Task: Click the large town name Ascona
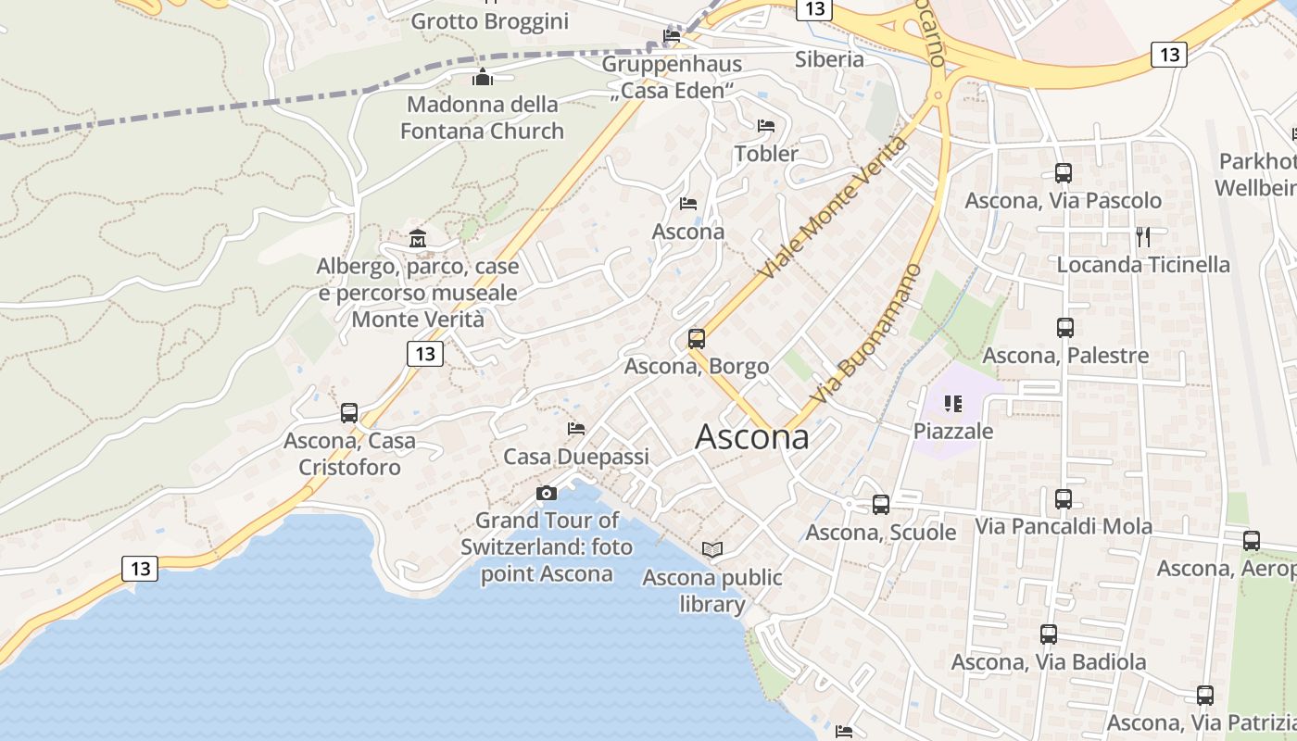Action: pos(751,436)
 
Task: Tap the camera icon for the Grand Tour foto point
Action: pos(547,493)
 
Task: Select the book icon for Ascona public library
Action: pos(711,549)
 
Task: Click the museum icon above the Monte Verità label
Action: pos(417,239)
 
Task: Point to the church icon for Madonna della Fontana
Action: pos(482,76)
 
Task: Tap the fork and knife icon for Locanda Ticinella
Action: pos(1143,237)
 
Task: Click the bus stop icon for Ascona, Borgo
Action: pos(697,339)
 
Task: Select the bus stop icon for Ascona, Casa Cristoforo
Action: pos(349,413)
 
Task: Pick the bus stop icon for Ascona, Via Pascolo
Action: pos(1064,173)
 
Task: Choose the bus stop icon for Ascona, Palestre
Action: pos(1065,328)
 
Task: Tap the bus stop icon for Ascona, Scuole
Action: pos(881,505)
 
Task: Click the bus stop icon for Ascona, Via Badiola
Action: pos(1049,634)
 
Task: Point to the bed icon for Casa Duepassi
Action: pos(576,429)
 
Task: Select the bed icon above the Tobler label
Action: pos(765,126)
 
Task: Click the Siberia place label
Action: pos(829,59)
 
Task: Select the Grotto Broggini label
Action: pos(489,20)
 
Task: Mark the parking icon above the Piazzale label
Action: pos(952,404)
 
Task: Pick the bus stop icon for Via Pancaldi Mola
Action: pos(1064,499)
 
